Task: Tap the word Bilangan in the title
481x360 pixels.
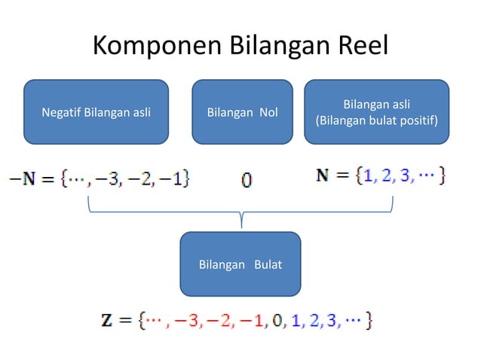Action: point(274,47)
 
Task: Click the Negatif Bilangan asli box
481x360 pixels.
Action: point(96,112)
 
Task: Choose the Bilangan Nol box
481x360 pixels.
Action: point(242,112)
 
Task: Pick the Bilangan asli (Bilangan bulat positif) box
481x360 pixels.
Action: point(377,112)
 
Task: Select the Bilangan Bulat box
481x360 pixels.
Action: point(240,264)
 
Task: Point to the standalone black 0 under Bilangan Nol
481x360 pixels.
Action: point(247,180)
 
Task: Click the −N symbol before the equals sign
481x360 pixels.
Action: point(20,178)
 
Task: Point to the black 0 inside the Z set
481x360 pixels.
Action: point(277,321)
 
